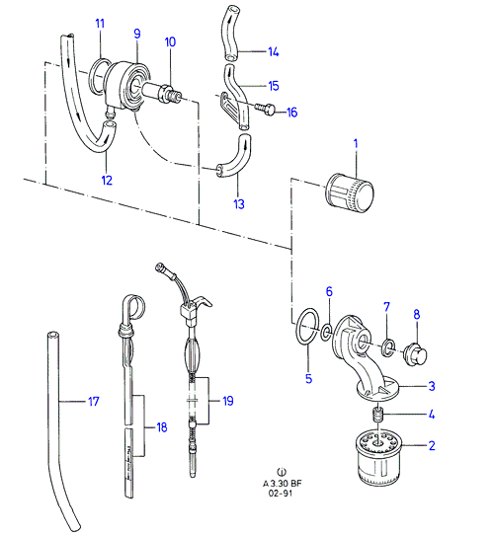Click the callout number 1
pos(356,144)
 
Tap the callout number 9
pos(137,34)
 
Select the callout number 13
pos(239,204)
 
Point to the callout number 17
pos(94,401)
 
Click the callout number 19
pos(228,401)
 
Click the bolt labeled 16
pos(265,108)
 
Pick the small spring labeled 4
pos(378,415)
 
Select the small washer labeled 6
pos(326,331)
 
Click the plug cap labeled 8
pos(415,354)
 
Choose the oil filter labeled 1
pos(350,193)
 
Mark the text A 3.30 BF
pos(282,484)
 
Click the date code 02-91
pos(281,494)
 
